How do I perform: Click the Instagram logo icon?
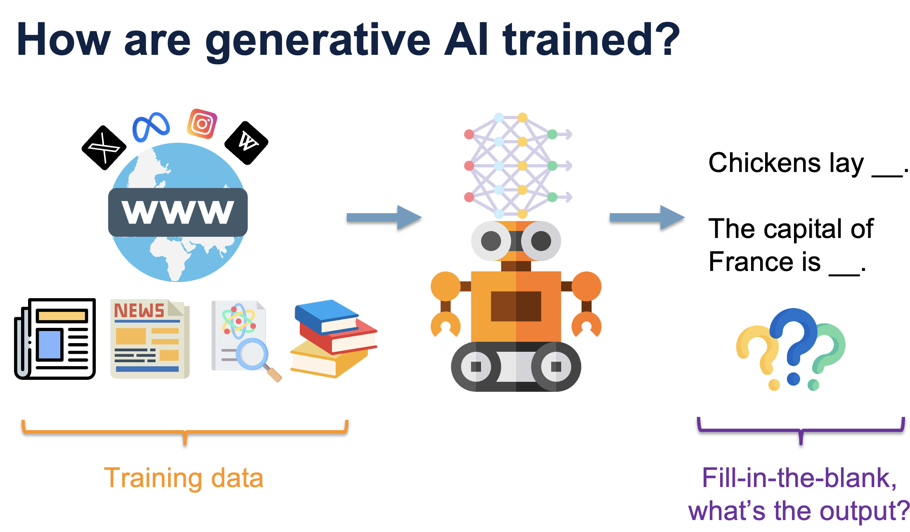202,124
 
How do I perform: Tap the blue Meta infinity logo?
151,127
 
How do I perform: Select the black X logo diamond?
104,148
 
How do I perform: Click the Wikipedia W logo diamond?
246,143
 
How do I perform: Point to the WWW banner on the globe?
178,212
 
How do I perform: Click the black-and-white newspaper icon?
55,339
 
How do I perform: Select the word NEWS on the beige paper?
139,310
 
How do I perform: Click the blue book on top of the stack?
327,317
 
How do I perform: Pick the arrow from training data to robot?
384,217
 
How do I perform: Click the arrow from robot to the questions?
647,217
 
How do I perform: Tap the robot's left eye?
491,241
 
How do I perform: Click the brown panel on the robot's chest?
516,306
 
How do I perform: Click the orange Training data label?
184,478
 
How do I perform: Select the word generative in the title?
318,41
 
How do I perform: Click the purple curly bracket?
801,431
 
